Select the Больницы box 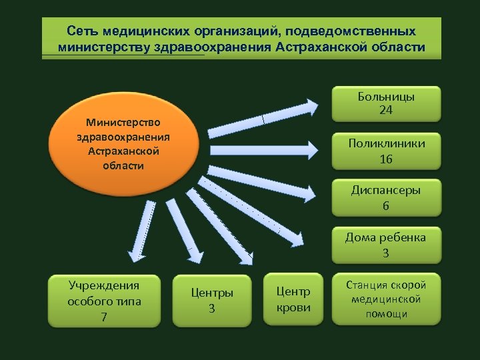pos(386,103)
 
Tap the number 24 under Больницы pos(386,111)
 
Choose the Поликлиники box pos(386,151)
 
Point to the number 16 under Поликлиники pos(386,159)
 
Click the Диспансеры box pos(386,198)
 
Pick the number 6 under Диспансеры pos(386,206)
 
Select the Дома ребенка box pos(386,245)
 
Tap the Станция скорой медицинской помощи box pos(386,299)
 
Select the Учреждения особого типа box pos(103,301)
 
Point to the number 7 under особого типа pos(103,317)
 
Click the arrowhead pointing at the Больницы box pos(312,107)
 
